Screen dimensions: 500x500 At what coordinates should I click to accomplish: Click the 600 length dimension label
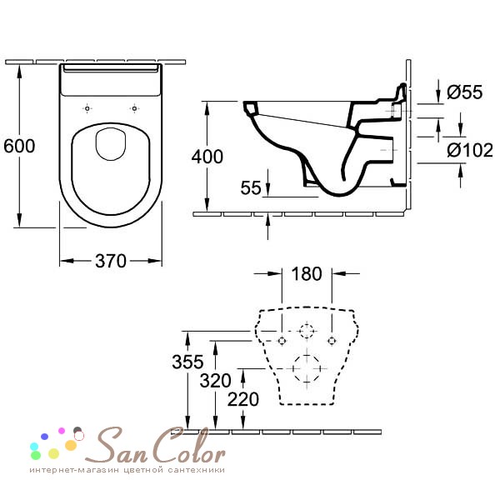click(19, 146)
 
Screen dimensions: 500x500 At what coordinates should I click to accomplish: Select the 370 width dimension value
click(111, 261)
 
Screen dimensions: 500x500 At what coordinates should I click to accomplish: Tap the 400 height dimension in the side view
click(207, 157)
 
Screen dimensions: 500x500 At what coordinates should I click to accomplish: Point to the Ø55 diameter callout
click(465, 92)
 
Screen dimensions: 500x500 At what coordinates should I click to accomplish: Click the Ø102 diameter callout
click(470, 150)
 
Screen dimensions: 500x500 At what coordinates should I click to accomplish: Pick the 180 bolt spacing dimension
click(307, 274)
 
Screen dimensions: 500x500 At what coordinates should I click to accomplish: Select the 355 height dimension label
click(187, 362)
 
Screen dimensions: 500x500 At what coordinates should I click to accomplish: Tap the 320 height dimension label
click(215, 381)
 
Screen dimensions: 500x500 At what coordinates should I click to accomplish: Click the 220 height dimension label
click(243, 399)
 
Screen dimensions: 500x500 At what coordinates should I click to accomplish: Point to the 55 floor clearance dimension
click(251, 187)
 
